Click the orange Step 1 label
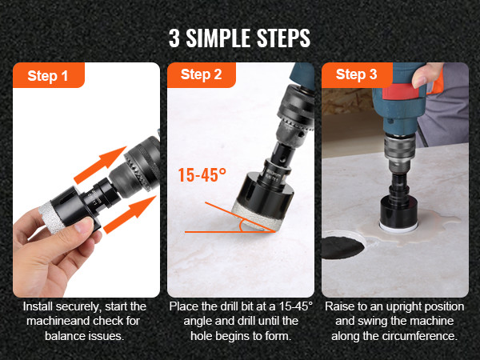point(48,75)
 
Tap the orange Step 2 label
point(202,74)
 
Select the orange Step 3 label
point(357,74)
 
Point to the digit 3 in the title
point(174,38)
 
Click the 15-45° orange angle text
point(202,174)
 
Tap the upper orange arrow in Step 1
point(99,165)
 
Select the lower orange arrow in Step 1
point(130,214)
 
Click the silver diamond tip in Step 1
point(50,217)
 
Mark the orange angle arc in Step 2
point(242,226)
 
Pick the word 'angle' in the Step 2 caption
point(198,321)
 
